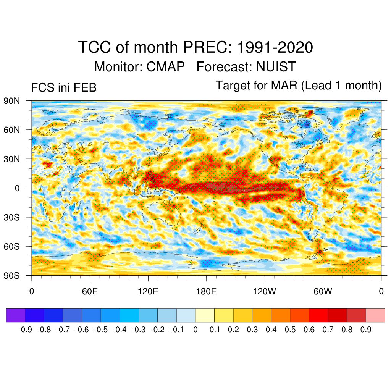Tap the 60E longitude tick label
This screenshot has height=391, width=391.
[x=90, y=292]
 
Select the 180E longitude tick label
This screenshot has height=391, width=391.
[x=206, y=292]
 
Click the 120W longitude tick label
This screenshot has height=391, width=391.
[x=265, y=292]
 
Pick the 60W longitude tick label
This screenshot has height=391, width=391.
[x=323, y=292]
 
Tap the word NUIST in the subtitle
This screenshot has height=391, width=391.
[x=276, y=67]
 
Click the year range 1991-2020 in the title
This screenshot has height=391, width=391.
[x=275, y=48]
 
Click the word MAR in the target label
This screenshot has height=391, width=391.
[x=284, y=85]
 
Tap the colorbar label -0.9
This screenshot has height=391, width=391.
[x=25, y=330]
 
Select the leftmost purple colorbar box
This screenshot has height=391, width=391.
[x=16, y=315]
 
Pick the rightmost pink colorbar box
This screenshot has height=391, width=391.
[x=375, y=315]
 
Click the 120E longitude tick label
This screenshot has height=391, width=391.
[x=148, y=292]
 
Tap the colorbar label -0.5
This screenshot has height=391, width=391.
[x=101, y=330]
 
